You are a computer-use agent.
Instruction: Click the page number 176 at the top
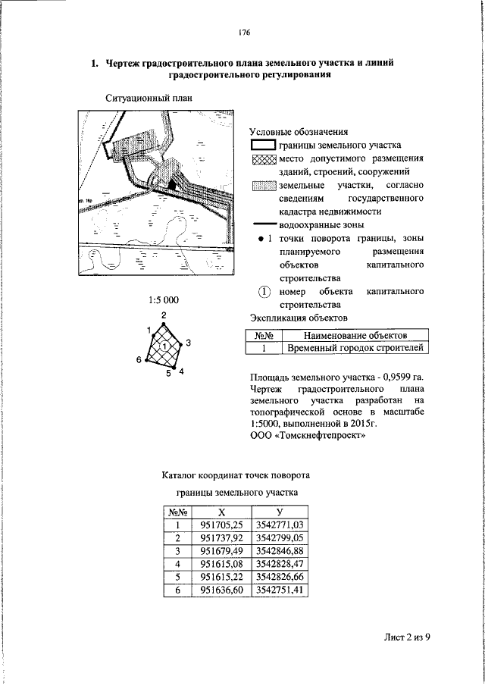click(243, 33)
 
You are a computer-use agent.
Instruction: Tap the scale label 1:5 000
click(164, 300)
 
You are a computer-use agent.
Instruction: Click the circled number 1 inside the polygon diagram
click(164, 346)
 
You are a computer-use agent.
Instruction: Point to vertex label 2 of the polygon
click(164, 315)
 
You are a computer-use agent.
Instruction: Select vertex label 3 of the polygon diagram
click(187, 343)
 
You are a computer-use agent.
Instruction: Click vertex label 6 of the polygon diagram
click(139, 359)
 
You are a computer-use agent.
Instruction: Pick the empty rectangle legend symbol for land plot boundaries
click(263, 146)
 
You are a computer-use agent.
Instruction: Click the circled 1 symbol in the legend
click(264, 292)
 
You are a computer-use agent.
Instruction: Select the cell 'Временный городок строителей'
click(355, 349)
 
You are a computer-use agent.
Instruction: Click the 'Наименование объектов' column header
click(355, 335)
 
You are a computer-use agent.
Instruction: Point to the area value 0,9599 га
click(399, 377)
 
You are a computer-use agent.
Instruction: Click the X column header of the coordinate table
click(221, 512)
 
